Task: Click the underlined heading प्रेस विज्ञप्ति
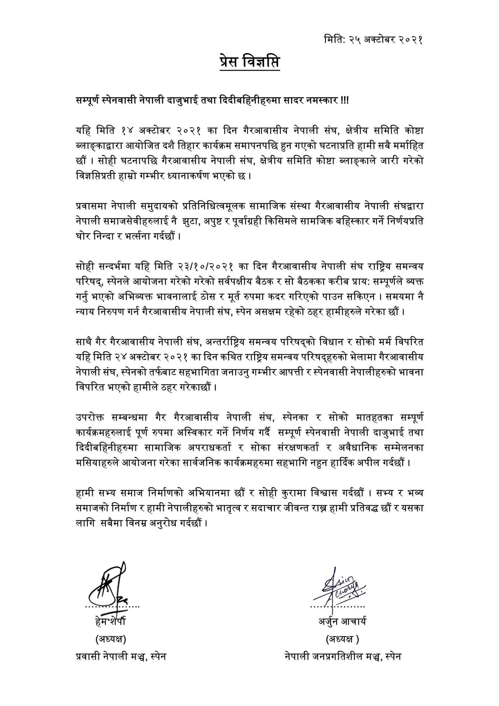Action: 250,62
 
